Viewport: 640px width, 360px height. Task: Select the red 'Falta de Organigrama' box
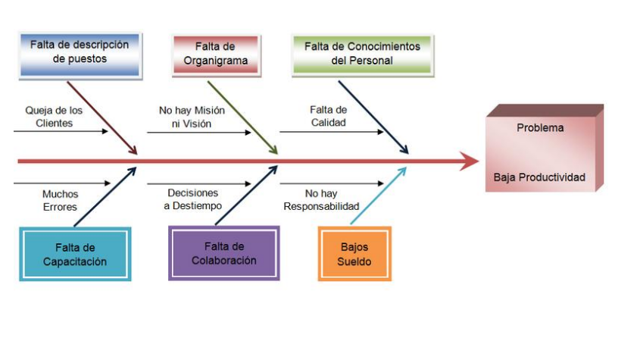click(215, 54)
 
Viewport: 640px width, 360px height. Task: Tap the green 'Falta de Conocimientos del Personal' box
click(362, 53)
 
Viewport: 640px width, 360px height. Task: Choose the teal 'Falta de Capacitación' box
click(75, 255)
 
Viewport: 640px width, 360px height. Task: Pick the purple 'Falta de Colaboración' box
click(223, 253)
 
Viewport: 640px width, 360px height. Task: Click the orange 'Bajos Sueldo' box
click(354, 255)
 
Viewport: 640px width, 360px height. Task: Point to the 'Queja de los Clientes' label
click(55, 116)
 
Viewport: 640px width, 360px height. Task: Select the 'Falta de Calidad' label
click(329, 116)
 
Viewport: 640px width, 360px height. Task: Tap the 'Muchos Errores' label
click(60, 201)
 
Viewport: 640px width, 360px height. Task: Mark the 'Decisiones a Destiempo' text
click(192, 199)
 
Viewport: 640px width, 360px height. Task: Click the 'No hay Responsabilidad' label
click(321, 199)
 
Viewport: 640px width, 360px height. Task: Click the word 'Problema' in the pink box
click(540, 128)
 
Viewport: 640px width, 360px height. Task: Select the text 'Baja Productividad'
click(539, 177)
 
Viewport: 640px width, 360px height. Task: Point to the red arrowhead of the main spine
click(470, 161)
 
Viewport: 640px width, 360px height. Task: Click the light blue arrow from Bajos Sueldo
click(379, 195)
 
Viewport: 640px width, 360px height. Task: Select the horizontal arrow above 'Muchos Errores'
click(61, 183)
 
